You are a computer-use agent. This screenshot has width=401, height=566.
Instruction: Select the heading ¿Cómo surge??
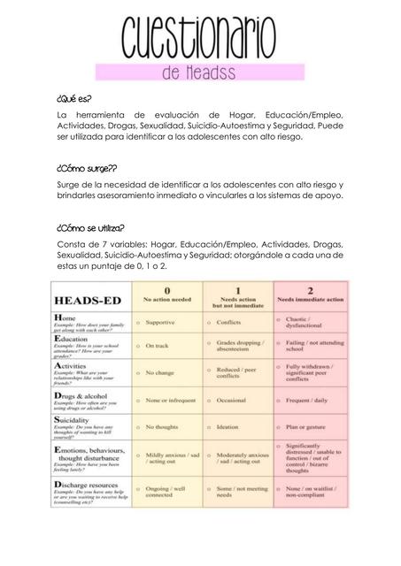86,167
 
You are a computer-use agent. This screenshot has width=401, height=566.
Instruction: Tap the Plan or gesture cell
307,426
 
